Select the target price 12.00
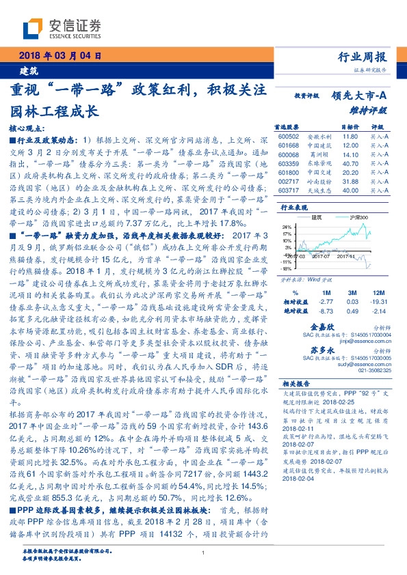click(x=351, y=145)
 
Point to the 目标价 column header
click(x=350, y=128)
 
